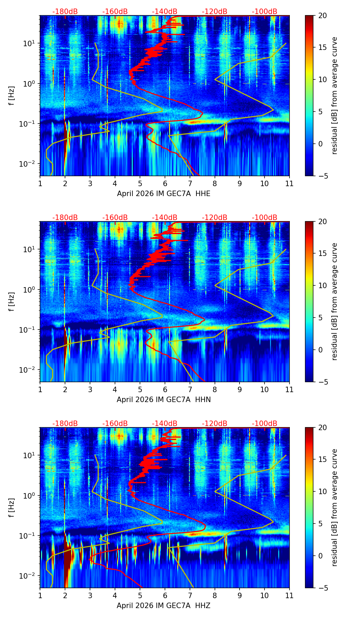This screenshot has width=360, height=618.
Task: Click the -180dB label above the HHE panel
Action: pos(65,12)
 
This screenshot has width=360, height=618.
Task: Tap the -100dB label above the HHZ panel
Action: pos(265,424)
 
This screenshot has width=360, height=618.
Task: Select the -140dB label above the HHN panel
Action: pos(165,218)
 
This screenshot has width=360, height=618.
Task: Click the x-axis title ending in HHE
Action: pos(164,194)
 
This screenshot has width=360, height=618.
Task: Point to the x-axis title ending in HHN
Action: pos(164,400)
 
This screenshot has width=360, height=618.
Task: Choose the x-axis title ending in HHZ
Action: pos(164,606)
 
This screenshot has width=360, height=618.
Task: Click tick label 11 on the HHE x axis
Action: pos(289,183)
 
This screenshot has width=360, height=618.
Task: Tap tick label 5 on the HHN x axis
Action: pos(140,389)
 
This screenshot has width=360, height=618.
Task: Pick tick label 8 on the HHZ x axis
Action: pos(215,595)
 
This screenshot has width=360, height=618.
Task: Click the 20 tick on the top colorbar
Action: pos(323,16)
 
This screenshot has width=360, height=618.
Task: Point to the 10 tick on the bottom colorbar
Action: pos(323,491)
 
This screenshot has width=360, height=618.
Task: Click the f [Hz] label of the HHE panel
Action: pos(12,96)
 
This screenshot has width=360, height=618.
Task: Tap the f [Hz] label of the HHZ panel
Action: pos(12,508)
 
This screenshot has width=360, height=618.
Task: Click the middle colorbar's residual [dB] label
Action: pos(334,301)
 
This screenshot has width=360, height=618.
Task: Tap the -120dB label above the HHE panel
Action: pos(215,12)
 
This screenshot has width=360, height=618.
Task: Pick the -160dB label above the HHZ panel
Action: pos(115,424)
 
